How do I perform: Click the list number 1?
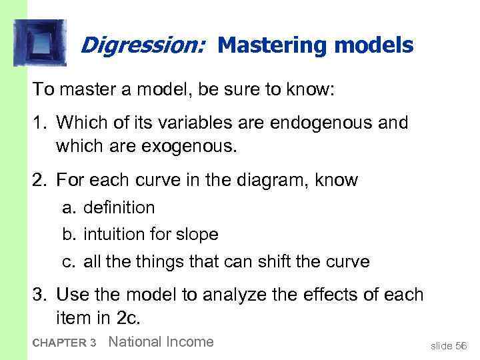pos(41,123)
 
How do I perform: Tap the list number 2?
pos(41,180)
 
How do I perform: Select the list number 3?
pos(41,293)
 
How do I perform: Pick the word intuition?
pos(112,235)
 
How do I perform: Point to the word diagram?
pos(257,180)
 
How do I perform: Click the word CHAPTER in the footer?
pos(57,343)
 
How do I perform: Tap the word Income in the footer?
pos(189,342)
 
